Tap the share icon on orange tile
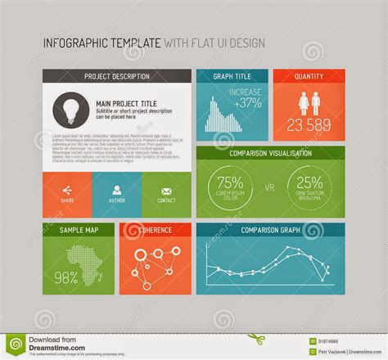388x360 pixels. tap(66, 189)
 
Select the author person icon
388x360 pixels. tap(115, 189)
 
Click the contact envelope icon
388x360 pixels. tap(165, 189)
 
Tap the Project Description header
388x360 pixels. tap(117, 77)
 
